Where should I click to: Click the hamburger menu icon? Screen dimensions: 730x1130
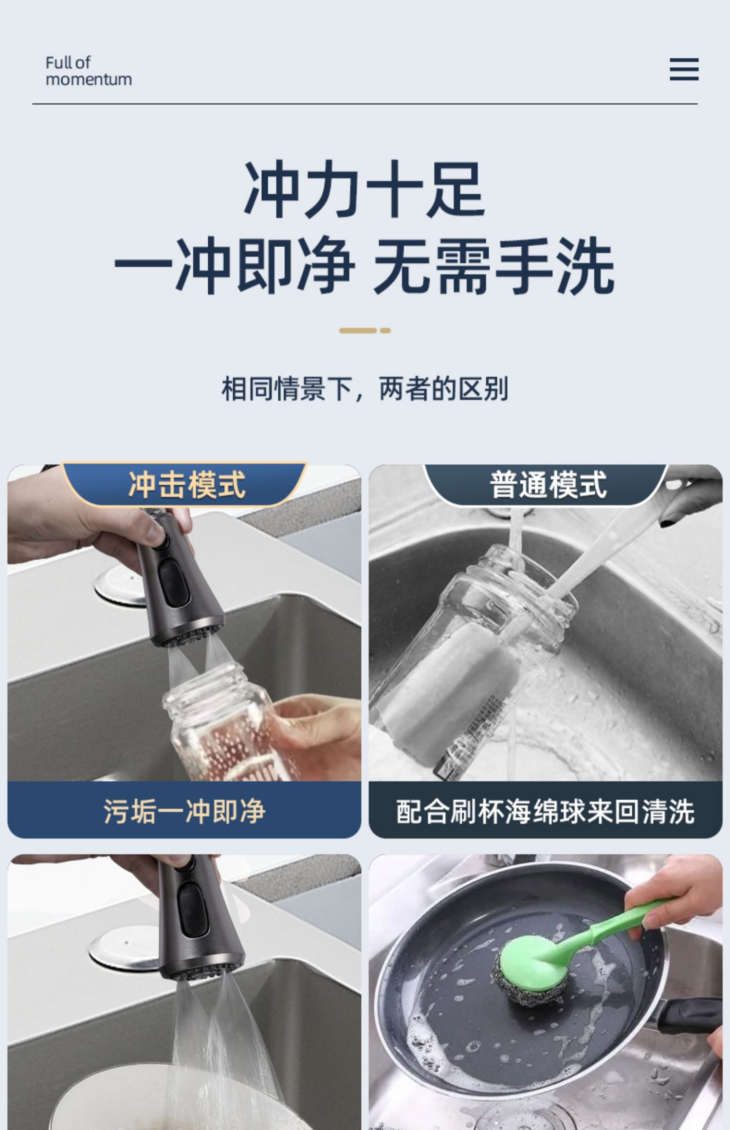(684, 69)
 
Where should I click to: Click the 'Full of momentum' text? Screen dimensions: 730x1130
(89, 71)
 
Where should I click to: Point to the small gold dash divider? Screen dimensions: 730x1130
(365, 330)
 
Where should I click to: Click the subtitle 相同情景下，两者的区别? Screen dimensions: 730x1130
(365, 389)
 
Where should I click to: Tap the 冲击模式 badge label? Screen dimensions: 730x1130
(187, 485)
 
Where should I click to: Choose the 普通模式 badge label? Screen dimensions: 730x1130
(548, 485)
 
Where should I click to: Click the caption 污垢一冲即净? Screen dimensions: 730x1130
(184, 811)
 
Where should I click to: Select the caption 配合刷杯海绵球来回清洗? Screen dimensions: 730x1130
(546, 811)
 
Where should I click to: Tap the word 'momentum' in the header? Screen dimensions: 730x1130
(89, 79)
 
